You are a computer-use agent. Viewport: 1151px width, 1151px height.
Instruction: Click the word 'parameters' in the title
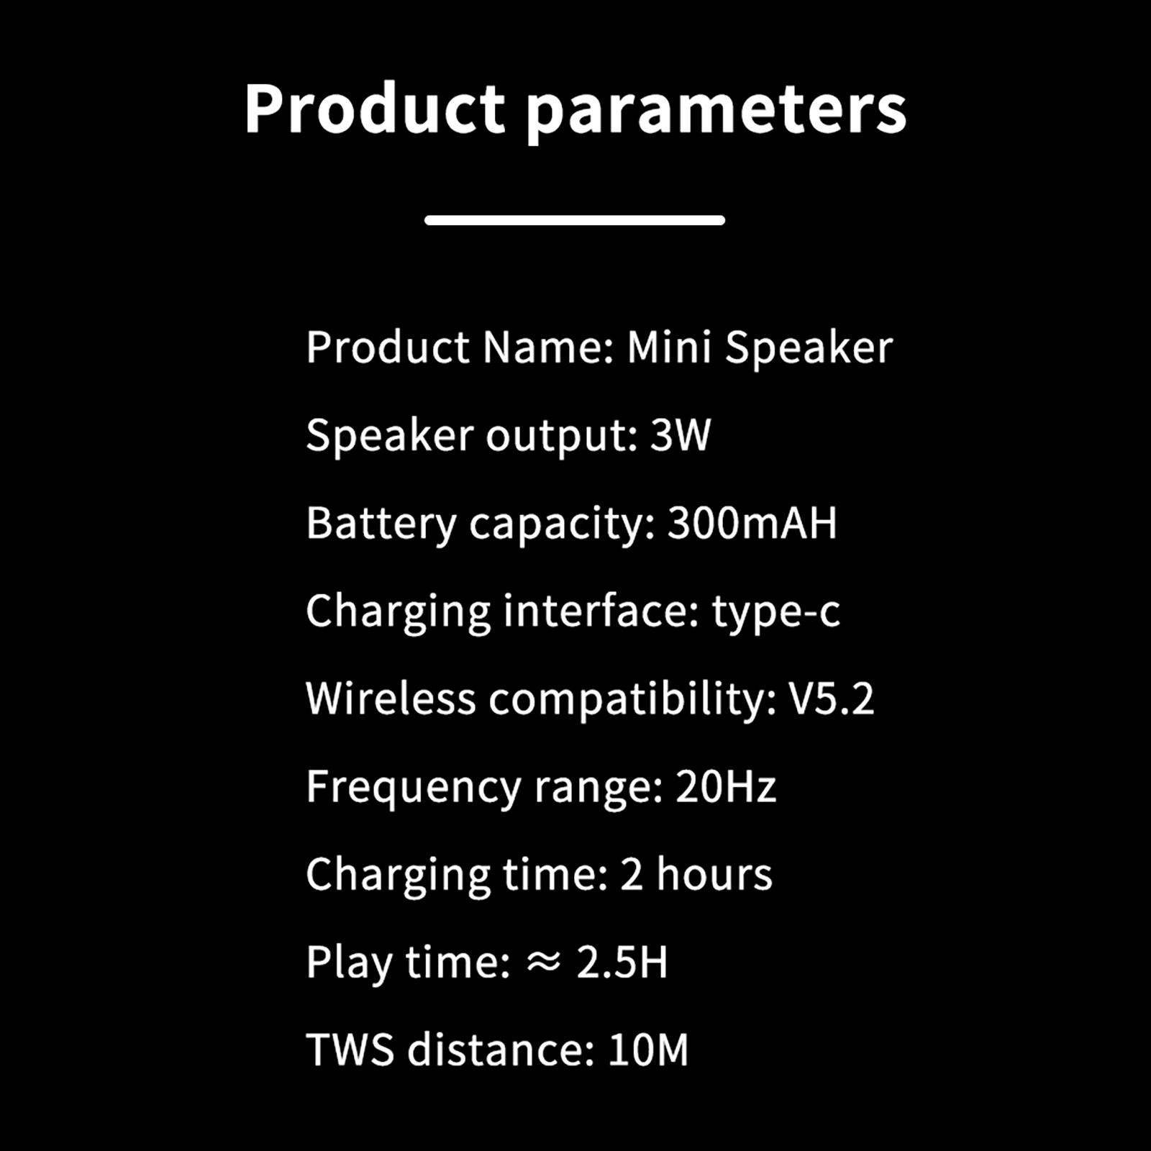coord(716,112)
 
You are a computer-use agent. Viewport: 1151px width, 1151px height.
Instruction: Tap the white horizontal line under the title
coord(575,220)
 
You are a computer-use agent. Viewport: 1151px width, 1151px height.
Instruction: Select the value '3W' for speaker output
coord(681,435)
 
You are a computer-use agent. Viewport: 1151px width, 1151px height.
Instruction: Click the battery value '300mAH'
coord(752,523)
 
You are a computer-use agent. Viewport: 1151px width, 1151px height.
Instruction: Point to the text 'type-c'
coord(776,613)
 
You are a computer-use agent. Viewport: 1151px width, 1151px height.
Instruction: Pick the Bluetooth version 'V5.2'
coord(832,699)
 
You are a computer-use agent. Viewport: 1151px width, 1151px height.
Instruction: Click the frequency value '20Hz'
coord(726,786)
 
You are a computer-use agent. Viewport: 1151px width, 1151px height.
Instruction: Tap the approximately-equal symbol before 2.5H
coord(543,963)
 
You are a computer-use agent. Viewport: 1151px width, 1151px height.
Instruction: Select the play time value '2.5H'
coord(622,963)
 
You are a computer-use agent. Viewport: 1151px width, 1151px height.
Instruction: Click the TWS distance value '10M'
coord(648,1050)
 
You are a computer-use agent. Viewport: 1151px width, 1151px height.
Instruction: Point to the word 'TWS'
coord(350,1050)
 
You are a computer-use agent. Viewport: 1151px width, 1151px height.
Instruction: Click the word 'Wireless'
coord(391,699)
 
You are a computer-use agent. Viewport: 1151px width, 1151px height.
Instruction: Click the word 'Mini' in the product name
coord(669,347)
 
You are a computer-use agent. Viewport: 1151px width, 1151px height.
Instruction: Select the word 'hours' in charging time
coord(714,875)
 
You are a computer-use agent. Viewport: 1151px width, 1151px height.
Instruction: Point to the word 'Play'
coord(350,964)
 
